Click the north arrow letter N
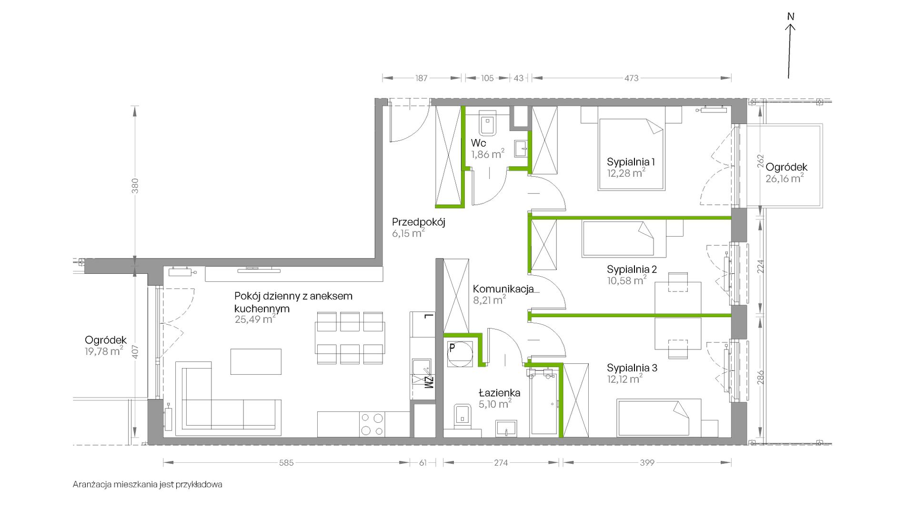click(791, 17)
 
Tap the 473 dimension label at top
click(631, 78)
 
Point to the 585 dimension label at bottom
click(286, 462)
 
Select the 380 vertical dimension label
click(135, 186)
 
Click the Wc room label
click(478, 143)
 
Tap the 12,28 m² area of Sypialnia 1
click(626, 173)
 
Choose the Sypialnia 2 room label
click(632, 269)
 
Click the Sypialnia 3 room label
click(632, 368)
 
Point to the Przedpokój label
click(419, 222)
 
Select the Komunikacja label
click(503, 289)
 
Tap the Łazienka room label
click(499, 393)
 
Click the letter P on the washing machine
click(452, 348)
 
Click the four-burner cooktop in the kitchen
click(372, 424)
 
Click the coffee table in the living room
click(256, 362)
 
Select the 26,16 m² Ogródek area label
click(784, 179)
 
